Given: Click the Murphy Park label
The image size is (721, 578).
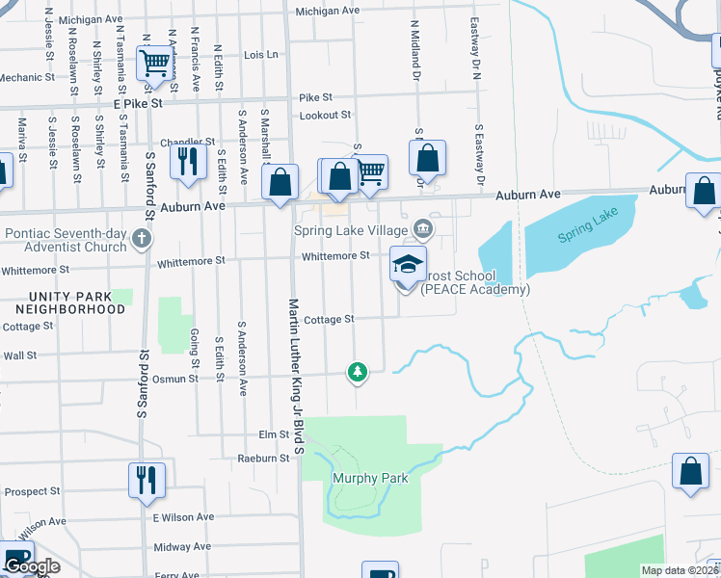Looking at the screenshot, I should [370, 478].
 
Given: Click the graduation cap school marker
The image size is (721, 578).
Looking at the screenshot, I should [408, 263].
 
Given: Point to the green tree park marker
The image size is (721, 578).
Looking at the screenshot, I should [358, 372].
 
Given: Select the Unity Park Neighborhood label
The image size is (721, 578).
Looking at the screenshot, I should [70, 302].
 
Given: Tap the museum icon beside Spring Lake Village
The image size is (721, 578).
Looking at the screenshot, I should [422, 229].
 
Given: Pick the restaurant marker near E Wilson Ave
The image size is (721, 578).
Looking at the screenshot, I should [147, 479].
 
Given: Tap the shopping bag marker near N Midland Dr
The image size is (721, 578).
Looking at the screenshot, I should [427, 158].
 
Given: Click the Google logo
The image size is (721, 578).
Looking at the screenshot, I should [33, 566].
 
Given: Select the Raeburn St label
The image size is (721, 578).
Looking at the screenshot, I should [264, 459].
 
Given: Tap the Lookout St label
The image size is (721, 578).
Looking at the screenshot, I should [325, 115].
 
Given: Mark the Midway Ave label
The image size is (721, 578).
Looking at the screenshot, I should [181, 546].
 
